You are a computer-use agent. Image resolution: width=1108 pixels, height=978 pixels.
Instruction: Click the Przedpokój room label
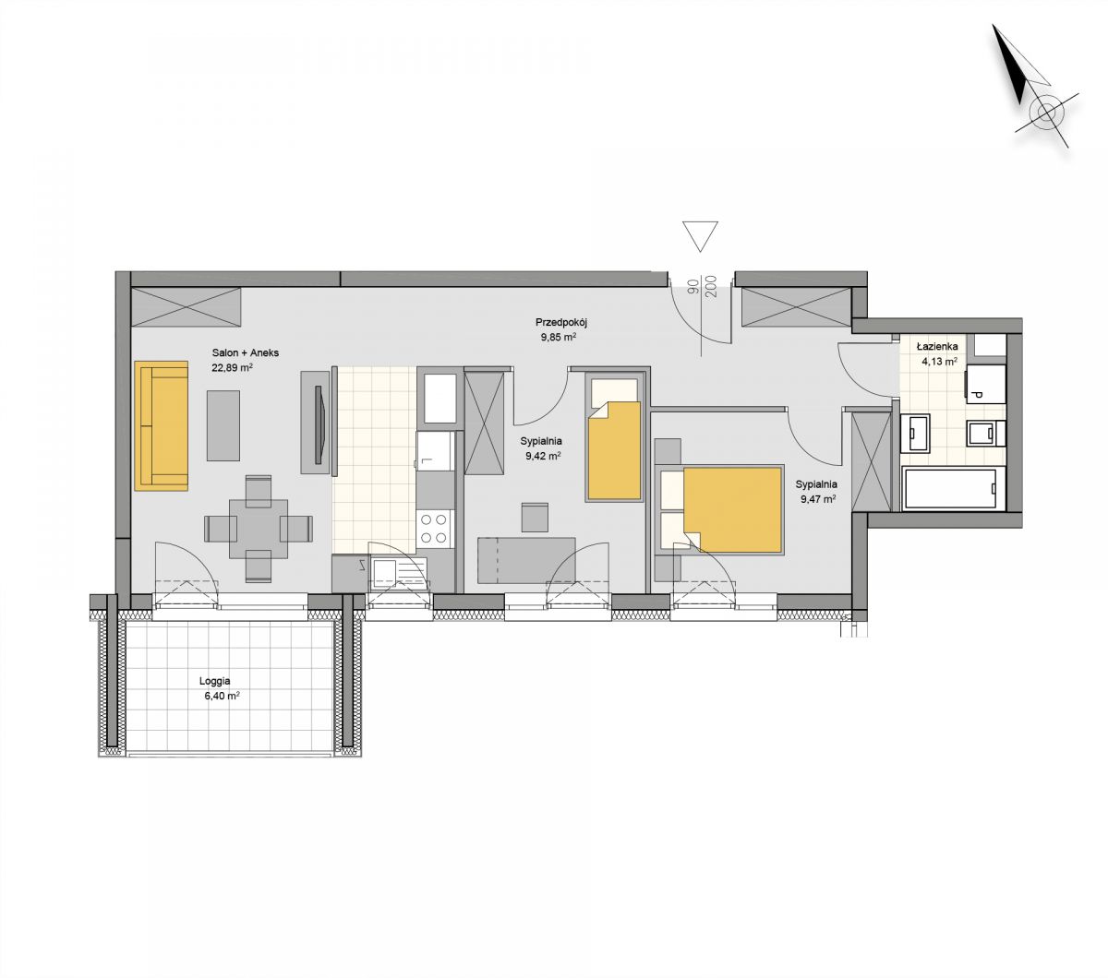click(561, 323)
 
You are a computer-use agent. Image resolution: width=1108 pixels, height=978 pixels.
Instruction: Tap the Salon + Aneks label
click(246, 352)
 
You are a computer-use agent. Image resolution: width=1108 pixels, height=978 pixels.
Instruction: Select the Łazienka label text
click(937, 346)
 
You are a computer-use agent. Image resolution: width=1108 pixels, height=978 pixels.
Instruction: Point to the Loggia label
click(214, 681)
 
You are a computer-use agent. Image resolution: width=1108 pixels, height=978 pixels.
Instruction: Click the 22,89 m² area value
click(232, 367)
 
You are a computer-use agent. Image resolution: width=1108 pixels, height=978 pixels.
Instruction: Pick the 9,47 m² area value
click(816, 498)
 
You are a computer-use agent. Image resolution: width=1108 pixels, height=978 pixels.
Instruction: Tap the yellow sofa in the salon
click(162, 424)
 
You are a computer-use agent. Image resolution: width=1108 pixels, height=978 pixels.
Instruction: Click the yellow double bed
click(733, 509)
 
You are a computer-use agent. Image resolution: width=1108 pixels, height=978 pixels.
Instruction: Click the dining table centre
click(259, 528)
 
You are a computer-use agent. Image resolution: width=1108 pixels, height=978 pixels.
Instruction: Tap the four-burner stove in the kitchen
click(435, 529)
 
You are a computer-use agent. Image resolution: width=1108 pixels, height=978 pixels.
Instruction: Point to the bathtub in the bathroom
click(954, 488)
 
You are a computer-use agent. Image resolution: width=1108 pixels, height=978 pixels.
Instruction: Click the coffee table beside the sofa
click(223, 425)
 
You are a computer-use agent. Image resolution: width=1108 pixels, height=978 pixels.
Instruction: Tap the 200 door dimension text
click(712, 286)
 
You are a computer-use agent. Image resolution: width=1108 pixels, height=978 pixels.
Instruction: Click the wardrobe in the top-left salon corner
click(186, 307)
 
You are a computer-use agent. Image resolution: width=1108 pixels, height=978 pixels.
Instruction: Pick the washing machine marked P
click(985, 384)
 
